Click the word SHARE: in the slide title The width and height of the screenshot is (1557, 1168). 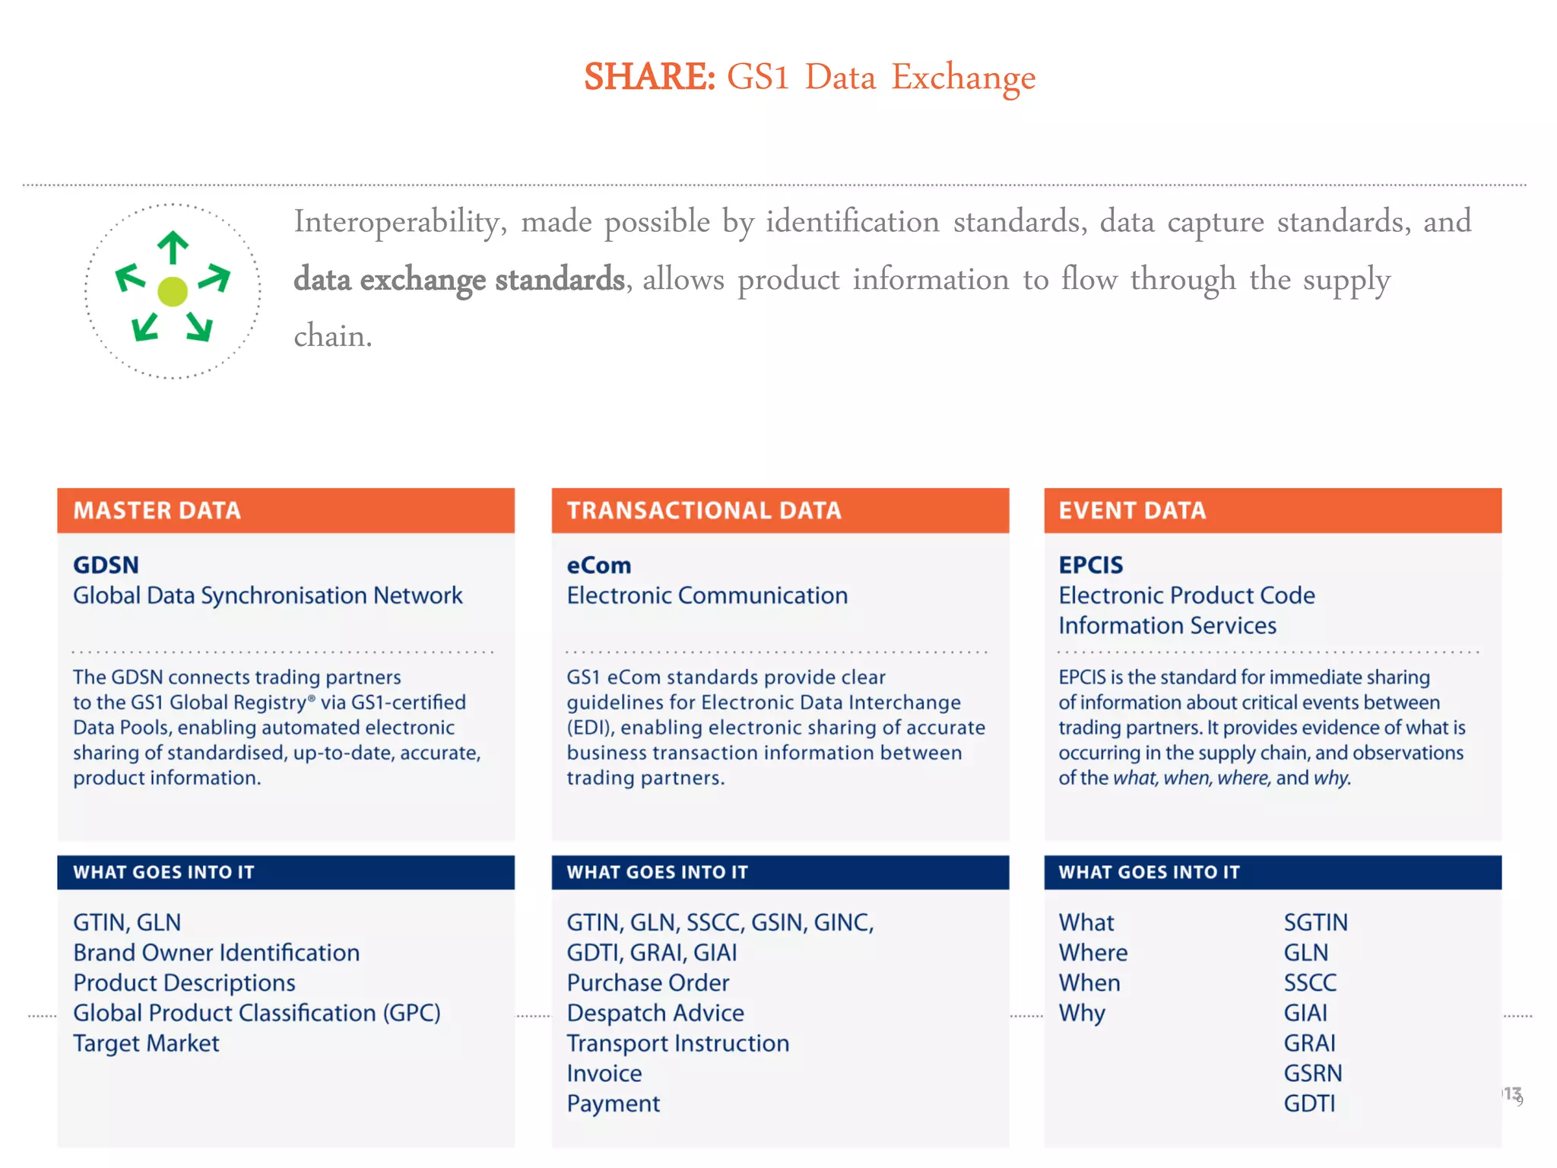tap(649, 77)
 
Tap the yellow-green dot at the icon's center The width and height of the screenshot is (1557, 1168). tap(173, 291)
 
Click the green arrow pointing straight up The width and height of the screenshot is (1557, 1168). tap(173, 247)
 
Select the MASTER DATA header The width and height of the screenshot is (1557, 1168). tap(157, 510)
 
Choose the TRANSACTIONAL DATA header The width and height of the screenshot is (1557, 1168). tap(704, 510)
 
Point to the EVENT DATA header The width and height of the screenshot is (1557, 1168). tap(1132, 510)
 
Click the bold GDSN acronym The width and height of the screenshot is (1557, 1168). tap(106, 565)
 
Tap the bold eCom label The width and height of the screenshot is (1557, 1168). tap(599, 565)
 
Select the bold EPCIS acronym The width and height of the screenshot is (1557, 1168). tap(1090, 565)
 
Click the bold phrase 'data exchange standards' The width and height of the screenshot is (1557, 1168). tap(459, 279)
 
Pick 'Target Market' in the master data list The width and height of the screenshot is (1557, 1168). tap(146, 1043)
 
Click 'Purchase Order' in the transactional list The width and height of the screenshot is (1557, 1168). tap(648, 982)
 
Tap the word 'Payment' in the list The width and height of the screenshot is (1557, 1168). tap(614, 1103)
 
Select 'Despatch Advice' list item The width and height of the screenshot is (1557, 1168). tap(655, 1013)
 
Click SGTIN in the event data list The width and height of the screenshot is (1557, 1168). tap(1315, 922)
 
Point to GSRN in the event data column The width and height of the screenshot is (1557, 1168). tap(1313, 1073)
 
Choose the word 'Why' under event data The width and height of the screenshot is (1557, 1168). tap(1082, 1014)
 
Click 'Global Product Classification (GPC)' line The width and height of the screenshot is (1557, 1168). tap(257, 1013)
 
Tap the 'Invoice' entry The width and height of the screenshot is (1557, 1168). tap(604, 1073)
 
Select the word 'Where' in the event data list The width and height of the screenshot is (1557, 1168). tap(1093, 953)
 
